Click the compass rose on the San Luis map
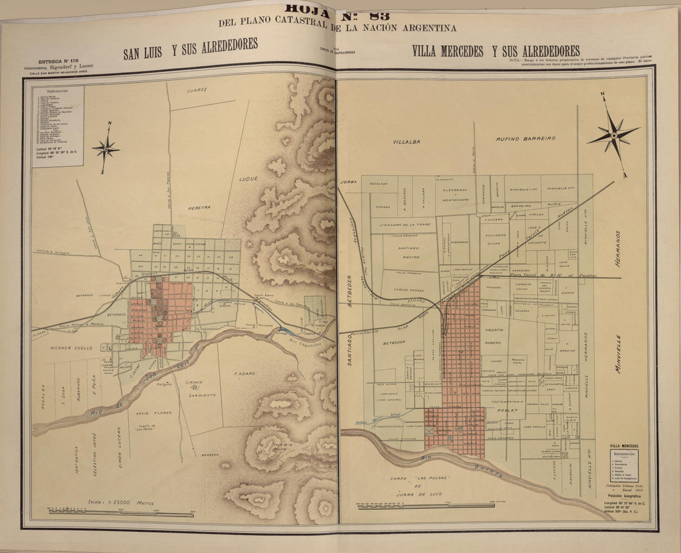coord(106,148)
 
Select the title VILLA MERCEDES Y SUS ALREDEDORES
coord(496,51)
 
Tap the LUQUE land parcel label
coord(248,179)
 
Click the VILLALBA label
coord(406,142)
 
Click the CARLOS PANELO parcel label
coord(409,289)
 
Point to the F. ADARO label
coord(245,374)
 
